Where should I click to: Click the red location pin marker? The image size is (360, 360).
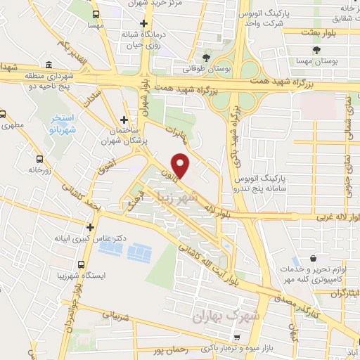click(x=181, y=166)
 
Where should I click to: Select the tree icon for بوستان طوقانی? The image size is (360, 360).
click(x=206, y=58)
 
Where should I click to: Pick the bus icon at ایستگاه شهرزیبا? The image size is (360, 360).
click(x=82, y=264)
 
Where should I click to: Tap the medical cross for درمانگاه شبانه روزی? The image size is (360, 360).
click(x=143, y=23)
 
